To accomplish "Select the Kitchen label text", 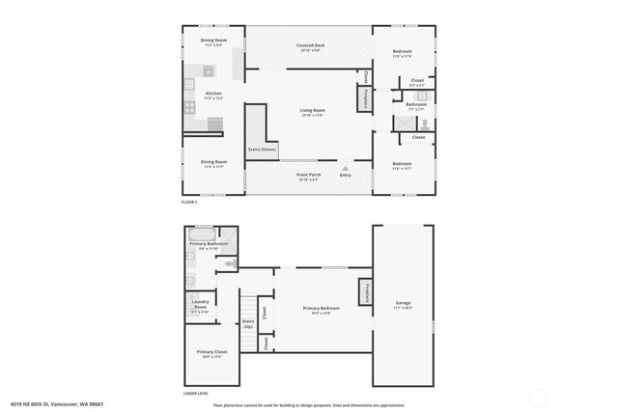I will pyautogui.click(x=212, y=96).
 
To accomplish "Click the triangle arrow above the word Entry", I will pyautogui.click(x=345, y=168).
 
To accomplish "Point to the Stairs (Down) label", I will pyautogui.click(x=262, y=150).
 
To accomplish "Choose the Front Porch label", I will pyautogui.click(x=308, y=177).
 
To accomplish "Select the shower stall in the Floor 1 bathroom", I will pyautogui.click(x=401, y=123).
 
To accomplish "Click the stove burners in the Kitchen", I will pyautogui.click(x=189, y=96).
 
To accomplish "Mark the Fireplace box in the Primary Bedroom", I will pyautogui.click(x=365, y=290).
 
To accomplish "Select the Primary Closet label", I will pyautogui.click(x=210, y=354).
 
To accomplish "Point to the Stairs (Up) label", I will pyautogui.click(x=248, y=324).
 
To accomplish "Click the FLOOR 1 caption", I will pyautogui.click(x=189, y=202).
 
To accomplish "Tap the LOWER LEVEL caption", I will pyautogui.click(x=197, y=393).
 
